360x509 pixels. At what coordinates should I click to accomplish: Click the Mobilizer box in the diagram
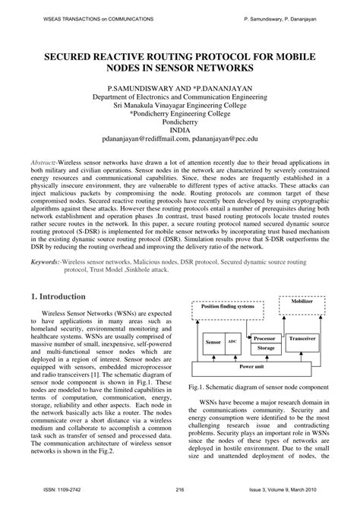click(307, 302)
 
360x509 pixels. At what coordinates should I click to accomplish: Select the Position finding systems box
click(226, 307)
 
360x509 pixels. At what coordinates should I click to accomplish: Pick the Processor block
click(266, 338)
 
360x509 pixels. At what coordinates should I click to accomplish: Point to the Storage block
click(266, 348)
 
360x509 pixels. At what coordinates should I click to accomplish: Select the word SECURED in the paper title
click(74, 55)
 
